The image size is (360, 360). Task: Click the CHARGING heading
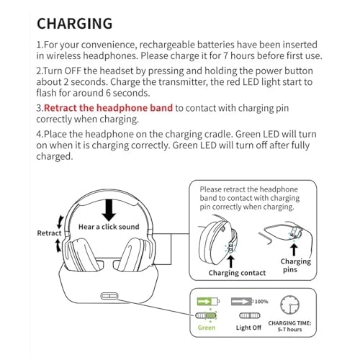75,24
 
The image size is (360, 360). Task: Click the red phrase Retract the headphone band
108,108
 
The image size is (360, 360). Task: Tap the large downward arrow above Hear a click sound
109,210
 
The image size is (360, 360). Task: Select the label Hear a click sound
109,227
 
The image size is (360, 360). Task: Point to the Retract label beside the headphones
49,233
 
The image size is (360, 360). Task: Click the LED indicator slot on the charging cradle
109,296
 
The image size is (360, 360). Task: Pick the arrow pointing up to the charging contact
231,261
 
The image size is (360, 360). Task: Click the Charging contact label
237,273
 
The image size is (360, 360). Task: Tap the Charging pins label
295,266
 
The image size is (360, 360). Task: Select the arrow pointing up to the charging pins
294,250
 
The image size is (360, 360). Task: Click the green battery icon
208,301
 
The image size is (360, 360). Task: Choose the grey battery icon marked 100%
242,301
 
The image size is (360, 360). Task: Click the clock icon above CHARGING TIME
289,305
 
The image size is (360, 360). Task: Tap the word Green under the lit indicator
207,328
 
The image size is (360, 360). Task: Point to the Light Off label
248,328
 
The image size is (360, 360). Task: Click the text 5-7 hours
289,330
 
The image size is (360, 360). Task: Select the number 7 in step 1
225,56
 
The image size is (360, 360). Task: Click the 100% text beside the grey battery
261,301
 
